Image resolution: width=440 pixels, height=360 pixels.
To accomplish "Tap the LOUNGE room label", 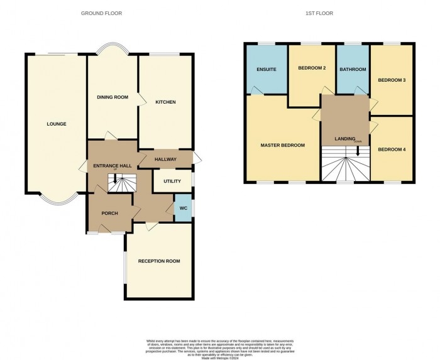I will point(56,124).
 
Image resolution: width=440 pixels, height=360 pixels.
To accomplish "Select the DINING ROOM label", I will point(112,97).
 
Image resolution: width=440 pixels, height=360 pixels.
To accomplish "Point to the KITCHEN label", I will point(165,102).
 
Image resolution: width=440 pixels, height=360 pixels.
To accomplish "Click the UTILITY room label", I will point(172,182).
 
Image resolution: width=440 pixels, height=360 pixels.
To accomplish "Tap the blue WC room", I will point(183,208).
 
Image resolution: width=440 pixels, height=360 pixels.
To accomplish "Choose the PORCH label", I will point(110,213).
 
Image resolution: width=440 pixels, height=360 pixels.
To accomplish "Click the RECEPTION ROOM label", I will point(159,261).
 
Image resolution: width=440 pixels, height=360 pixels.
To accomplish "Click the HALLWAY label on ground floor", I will point(165,160).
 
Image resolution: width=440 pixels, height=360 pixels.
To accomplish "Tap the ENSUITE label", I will point(267,69).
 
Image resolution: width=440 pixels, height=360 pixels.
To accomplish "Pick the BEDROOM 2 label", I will point(312,68).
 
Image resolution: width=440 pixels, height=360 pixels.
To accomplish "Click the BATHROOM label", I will point(353,69).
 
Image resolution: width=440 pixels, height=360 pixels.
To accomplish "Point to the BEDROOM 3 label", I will point(392,80).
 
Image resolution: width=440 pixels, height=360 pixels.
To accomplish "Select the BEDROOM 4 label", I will point(392,150).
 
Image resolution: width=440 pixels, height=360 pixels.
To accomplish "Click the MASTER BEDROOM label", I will point(282,145).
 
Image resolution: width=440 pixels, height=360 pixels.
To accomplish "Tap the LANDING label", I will point(344,139).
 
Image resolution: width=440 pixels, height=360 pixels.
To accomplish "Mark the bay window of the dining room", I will point(113,49).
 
